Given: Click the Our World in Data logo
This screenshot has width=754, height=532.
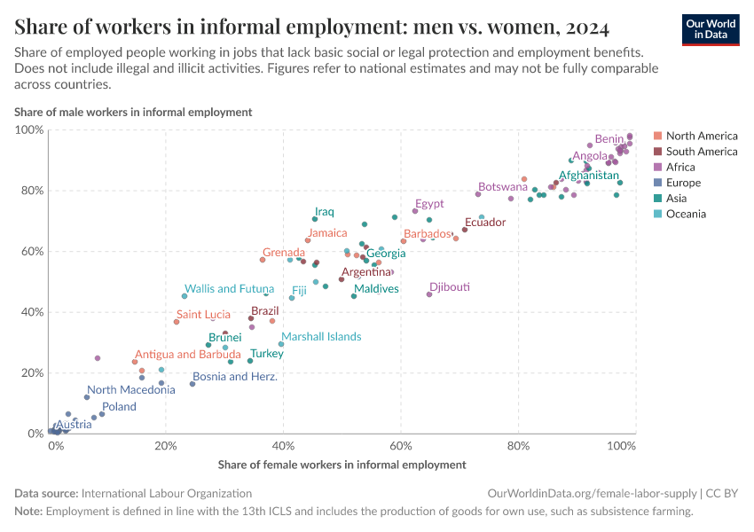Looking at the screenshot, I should [x=710, y=28].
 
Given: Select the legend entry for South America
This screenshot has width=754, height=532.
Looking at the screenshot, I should [x=701, y=152].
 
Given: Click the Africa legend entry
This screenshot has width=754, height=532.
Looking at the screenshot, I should [x=680, y=167].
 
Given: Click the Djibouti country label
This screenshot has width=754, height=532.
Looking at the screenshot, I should [x=449, y=287].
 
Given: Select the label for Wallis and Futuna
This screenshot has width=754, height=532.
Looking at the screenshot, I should [x=229, y=288].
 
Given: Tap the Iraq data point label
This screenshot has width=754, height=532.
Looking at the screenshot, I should [x=325, y=212].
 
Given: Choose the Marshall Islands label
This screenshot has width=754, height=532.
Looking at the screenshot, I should [x=321, y=336].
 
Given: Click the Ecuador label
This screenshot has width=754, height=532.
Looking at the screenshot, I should [x=485, y=222].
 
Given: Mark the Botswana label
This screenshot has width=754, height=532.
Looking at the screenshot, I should [x=503, y=187].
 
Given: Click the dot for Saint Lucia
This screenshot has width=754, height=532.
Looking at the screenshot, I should [x=177, y=322].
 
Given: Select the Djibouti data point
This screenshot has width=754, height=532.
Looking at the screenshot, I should [x=429, y=294].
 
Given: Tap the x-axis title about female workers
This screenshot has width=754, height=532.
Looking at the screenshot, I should [x=342, y=464].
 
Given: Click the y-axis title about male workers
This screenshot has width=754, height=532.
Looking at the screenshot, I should [x=133, y=112].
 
